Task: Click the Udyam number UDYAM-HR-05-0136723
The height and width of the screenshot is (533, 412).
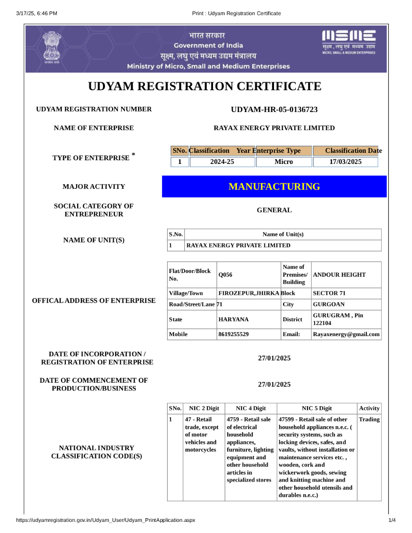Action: click(274, 110)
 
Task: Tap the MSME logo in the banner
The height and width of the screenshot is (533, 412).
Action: click(349, 42)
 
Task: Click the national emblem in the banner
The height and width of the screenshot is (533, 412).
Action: click(52, 47)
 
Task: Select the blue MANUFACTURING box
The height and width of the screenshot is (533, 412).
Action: click(274, 187)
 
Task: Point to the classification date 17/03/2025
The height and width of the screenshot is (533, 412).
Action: click(345, 162)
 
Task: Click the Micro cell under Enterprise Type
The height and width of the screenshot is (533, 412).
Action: click(283, 162)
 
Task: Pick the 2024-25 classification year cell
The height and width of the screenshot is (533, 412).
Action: click(222, 162)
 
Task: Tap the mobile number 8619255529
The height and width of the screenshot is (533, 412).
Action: click(234, 334)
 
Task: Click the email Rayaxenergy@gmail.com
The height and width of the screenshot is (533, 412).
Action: click(346, 334)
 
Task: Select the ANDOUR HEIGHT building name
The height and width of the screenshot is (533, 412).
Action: click(339, 275)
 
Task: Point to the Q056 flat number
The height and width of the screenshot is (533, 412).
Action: click(225, 275)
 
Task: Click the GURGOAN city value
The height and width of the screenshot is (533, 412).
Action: click(329, 304)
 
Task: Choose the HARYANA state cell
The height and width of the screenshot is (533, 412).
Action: click(234, 320)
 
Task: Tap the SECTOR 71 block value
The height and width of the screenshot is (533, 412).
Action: click(329, 293)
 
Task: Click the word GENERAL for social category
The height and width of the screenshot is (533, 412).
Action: click(274, 210)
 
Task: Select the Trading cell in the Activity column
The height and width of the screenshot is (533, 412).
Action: click(369, 419)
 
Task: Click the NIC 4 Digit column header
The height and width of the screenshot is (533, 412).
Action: click(250, 409)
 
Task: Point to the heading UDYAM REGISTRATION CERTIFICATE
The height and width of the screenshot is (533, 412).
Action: click(205, 86)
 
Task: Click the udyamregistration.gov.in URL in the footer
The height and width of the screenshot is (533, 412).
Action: click(105, 520)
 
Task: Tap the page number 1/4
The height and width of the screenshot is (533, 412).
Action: click(392, 520)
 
